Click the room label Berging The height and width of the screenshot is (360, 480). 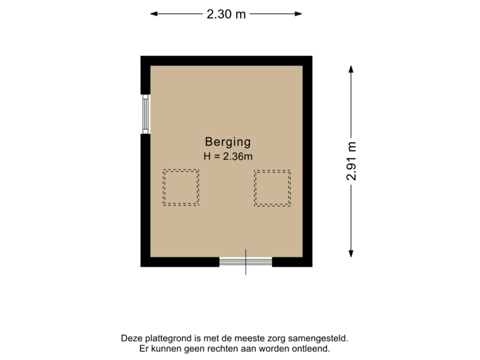pos(227,141)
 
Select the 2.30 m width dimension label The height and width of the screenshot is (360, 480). pos(226,13)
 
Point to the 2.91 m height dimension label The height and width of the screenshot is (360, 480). pos(351,161)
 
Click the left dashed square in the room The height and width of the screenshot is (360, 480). pos(181,187)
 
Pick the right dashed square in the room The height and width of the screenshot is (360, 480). pos(272,187)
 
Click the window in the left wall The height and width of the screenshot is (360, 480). pos(145,114)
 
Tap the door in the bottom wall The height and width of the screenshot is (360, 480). pos(245,262)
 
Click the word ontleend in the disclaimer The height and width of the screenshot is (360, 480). pos(311,349)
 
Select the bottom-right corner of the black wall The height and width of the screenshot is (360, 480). pos(312,266)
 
